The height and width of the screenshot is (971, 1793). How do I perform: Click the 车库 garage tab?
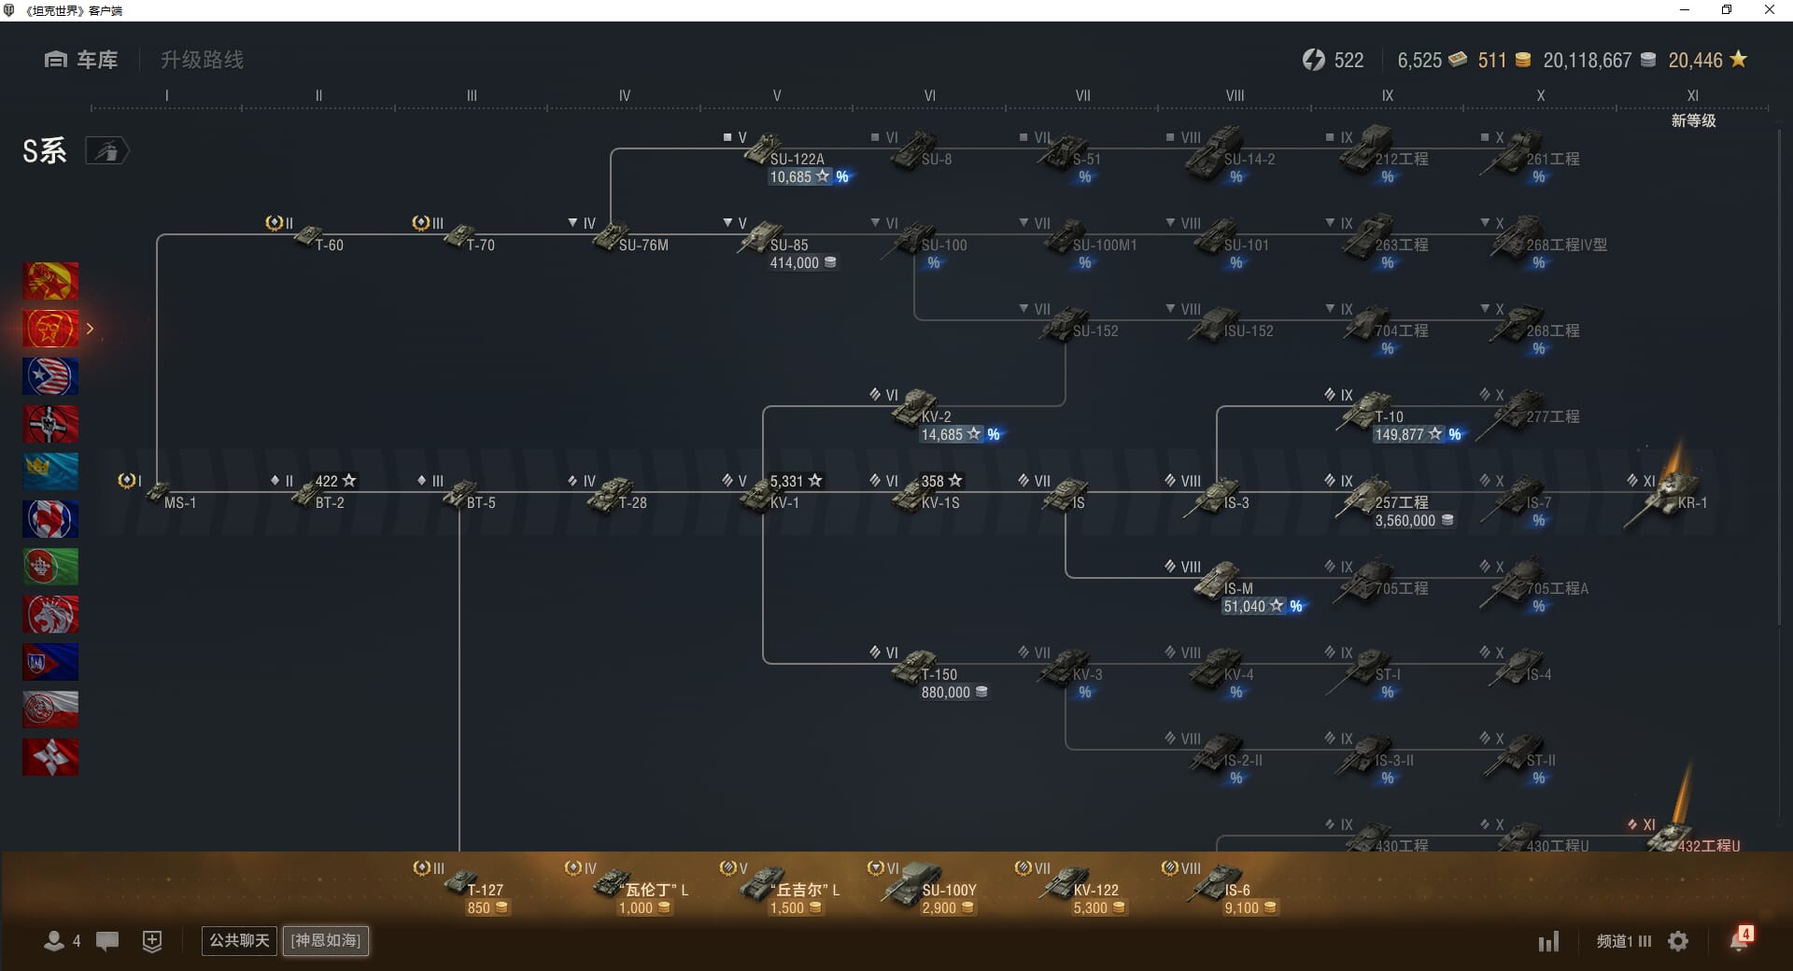81,60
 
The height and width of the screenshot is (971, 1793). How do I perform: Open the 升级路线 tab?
202,60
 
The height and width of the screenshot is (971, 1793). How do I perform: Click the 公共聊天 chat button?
239,940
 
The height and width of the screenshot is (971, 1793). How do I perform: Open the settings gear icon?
1678,941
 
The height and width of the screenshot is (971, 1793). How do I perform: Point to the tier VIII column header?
1235,95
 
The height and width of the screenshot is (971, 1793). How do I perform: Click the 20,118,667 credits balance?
1587,61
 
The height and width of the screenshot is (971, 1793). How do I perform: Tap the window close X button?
1769,10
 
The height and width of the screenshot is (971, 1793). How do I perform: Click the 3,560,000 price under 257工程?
1405,521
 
